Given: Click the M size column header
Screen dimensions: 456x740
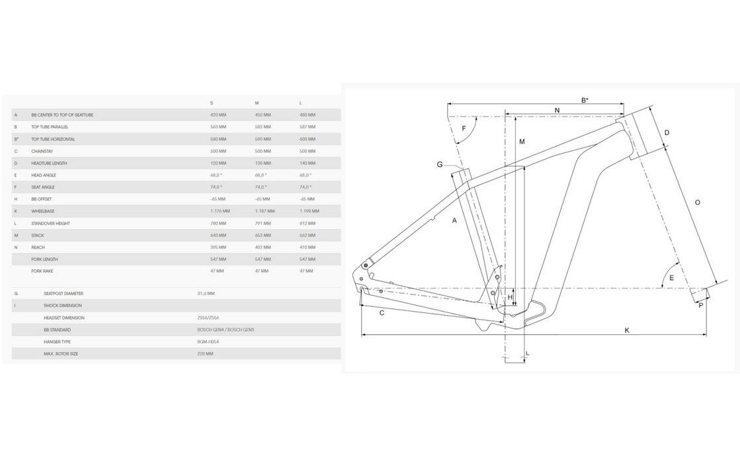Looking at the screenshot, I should pyautogui.click(x=257, y=103).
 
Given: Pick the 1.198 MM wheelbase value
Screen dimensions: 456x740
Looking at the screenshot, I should pyautogui.click(x=309, y=211).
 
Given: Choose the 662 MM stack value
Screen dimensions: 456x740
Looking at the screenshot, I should pyautogui.click(x=308, y=235).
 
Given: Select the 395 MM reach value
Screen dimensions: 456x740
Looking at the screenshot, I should pyautogui.click(x=218, y=247).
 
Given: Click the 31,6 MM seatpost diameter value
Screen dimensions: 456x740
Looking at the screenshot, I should pyautogui.click(x=206, y=293).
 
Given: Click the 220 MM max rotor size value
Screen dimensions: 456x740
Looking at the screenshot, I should pyautogui.click(x=205, y=354).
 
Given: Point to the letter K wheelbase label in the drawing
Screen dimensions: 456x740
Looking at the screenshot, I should pyautogui.click(x=626, y=330).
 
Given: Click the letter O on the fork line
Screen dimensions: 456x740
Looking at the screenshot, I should pyautogui.click(x=697, y=202).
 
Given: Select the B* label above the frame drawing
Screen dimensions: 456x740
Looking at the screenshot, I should pyautogui.click(x=585, y=100).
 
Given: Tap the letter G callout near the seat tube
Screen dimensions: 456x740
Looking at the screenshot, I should pyautogui.click(x=439, y=164).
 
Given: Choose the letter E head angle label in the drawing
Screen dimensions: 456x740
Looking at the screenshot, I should pyautogui.click(x=671, y=278).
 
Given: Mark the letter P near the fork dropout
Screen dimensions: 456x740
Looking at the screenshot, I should pyautogui.click(x=700, y=305).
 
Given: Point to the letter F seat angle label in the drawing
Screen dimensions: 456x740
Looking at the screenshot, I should pyautogui.click(x=464, y=128).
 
